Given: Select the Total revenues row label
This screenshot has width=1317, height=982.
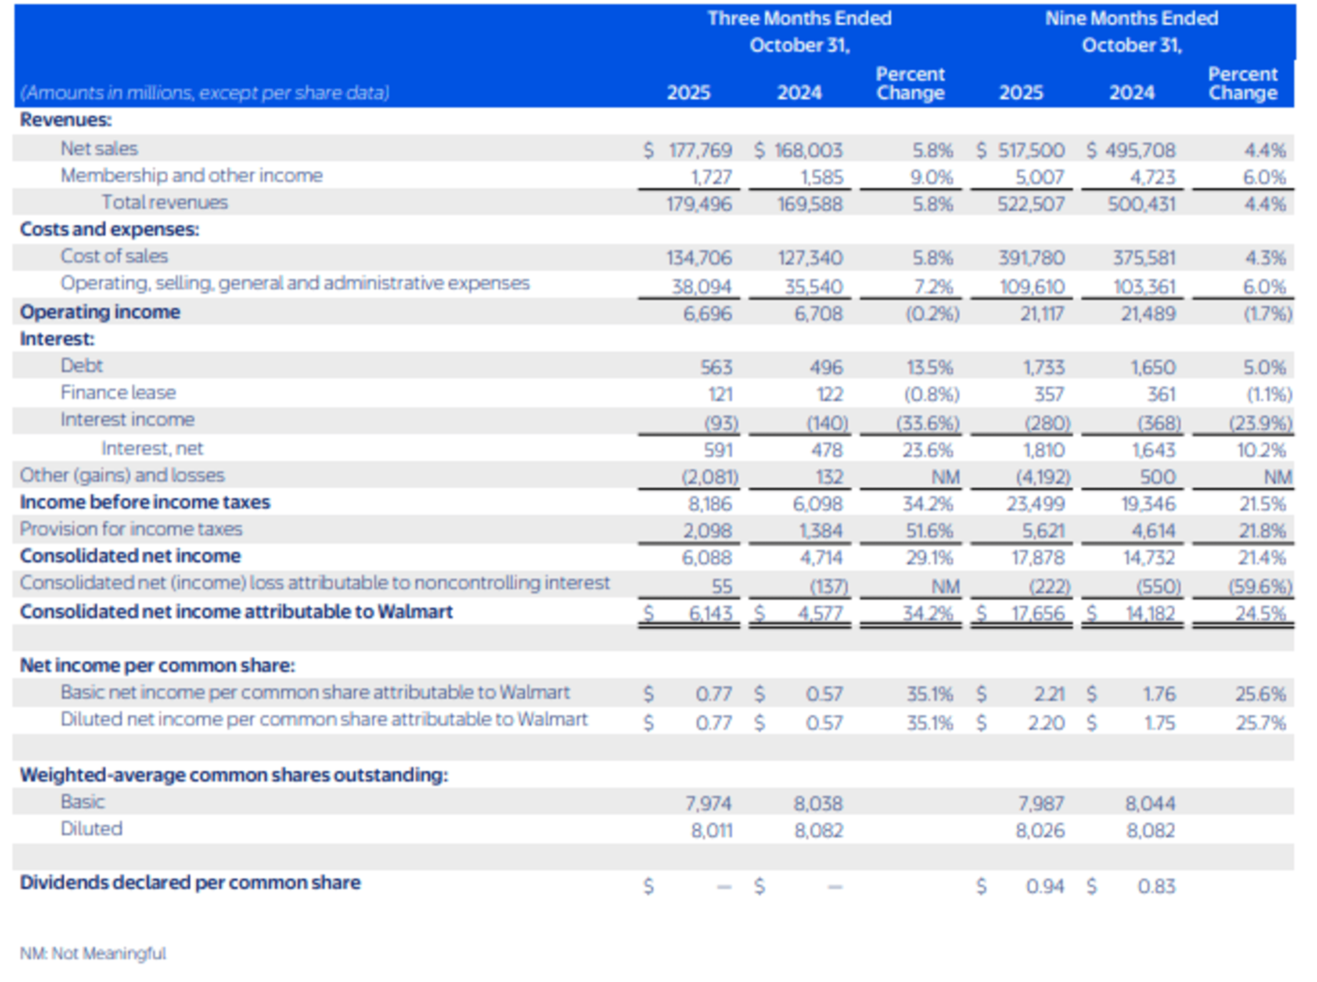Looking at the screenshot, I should pyautogui.click(x=165, y=203).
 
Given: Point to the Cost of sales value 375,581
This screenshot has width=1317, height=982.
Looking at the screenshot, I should pyautogui.click(x=1144, y=258).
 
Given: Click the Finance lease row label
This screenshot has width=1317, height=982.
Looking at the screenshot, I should pyautogui.click(x=118, y=393).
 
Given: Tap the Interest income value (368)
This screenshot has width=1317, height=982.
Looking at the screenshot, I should pyautogui.click(x=1159, y=423).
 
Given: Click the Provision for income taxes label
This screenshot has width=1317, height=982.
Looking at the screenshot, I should pyautogui.click(x=131, y=529).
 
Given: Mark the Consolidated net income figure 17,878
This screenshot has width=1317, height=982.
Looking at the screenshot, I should pyautogui.click(x=1038, y=558).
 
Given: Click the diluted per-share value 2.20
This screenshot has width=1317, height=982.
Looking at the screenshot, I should pyautogui.click(x=1046, y=722).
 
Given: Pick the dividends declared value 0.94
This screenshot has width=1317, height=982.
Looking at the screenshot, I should pyautogui.click(x=1044, y=886).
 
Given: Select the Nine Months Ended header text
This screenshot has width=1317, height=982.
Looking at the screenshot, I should pyautogui.click(x=1131, y=18).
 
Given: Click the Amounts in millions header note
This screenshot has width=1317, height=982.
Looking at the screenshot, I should pyautogui.click(x=205, y=93).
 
